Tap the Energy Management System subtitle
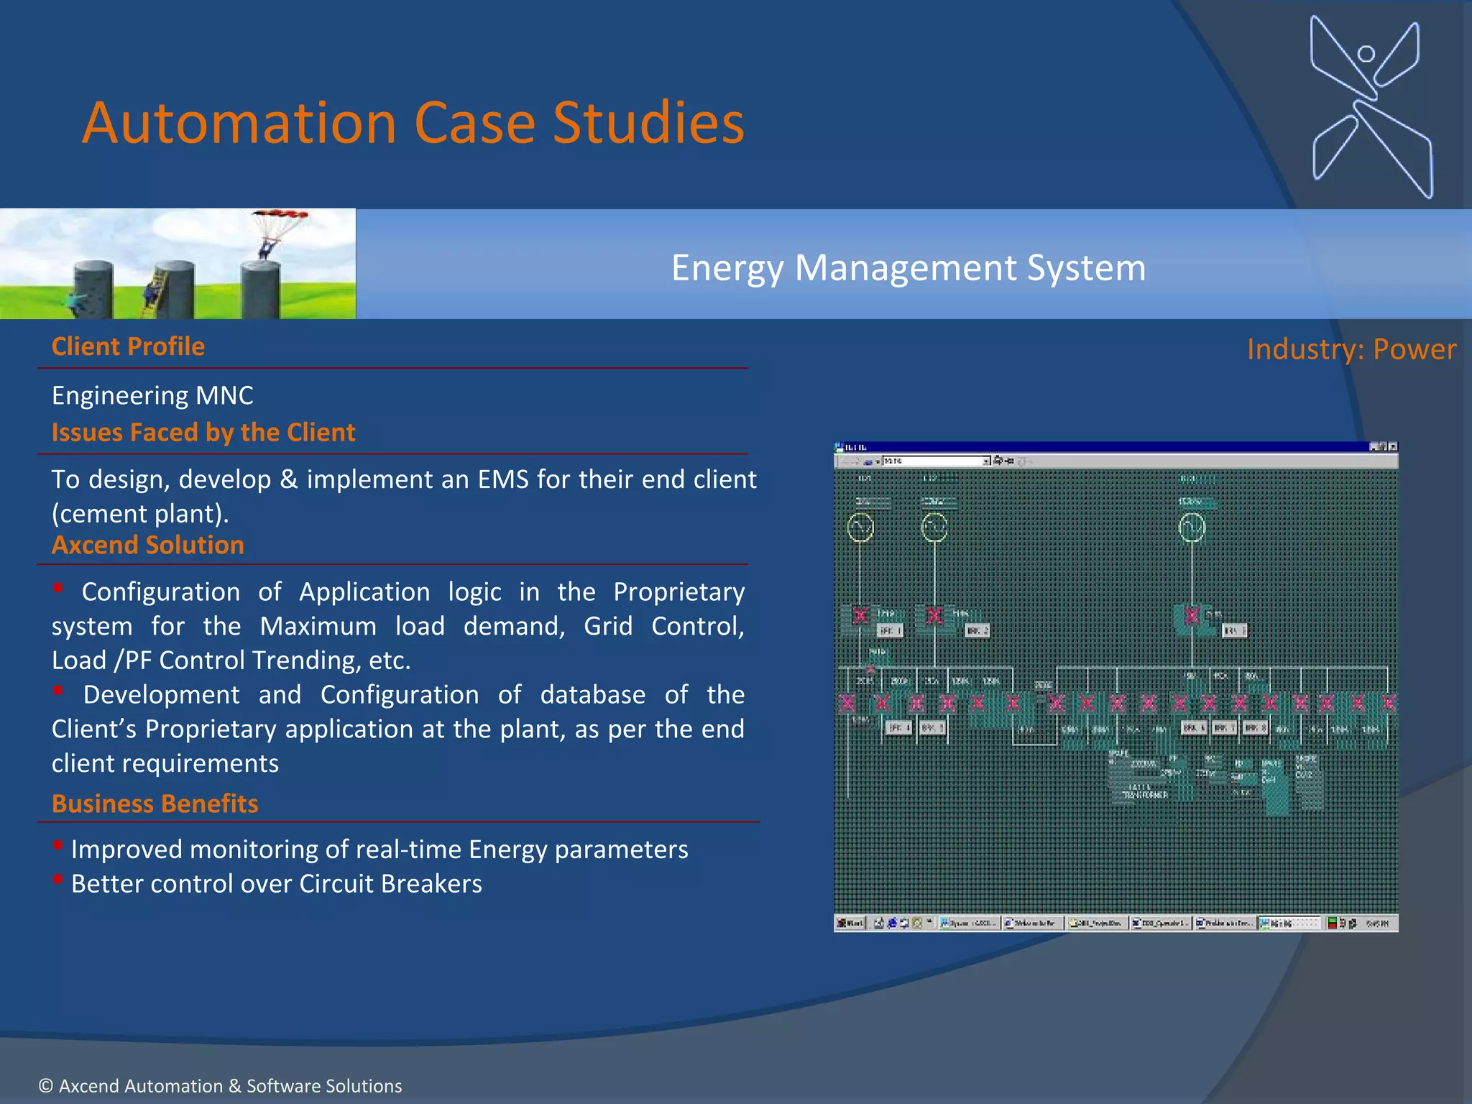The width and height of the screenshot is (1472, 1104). (908, 268)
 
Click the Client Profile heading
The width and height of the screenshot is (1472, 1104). (128, 346)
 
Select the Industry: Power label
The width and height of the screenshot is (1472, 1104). (1351, 349)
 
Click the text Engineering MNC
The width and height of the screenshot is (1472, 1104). (152, 395)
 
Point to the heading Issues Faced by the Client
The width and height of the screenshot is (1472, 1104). (203, 432)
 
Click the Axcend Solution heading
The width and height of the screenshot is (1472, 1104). (148, 545)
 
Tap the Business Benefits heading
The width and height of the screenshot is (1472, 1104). (155, 803)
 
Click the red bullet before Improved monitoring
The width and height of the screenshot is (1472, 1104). (58, 845)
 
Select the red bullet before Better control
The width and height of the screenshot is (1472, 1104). (58, 879)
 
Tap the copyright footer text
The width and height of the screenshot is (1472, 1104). (220, 1085)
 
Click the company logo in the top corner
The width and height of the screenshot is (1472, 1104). (1371, 106)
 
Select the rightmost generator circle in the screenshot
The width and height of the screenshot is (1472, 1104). (1192, 528)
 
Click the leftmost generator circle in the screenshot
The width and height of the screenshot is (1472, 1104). (860, 528)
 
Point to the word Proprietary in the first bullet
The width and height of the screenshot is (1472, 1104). (678, 592)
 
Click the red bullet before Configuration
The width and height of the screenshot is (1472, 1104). (58, 588)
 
